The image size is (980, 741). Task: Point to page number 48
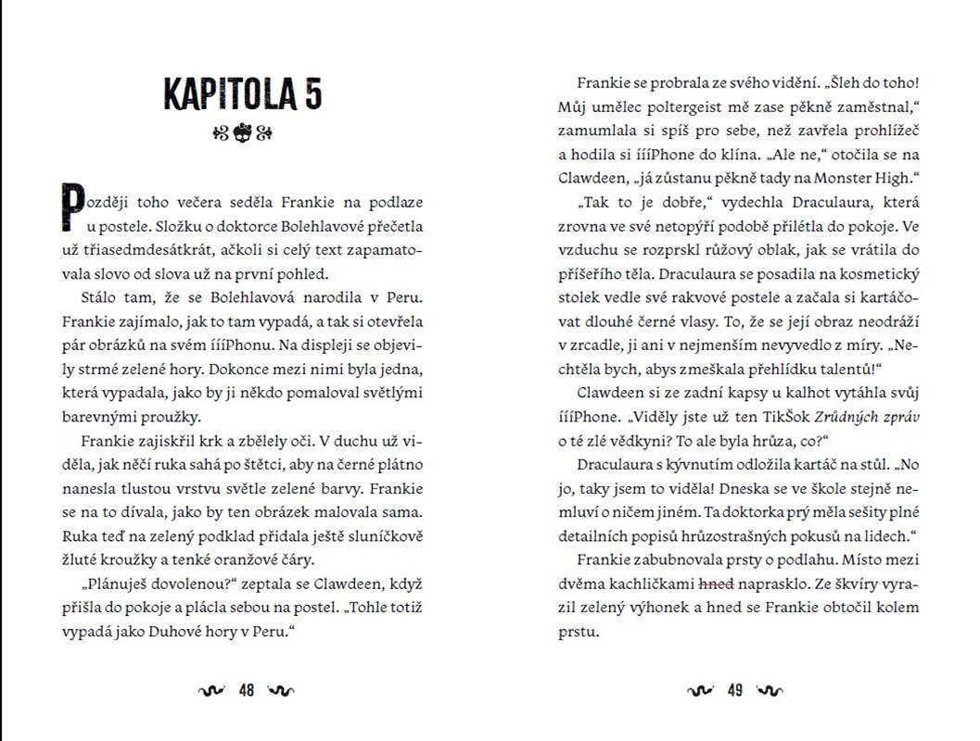click(x=247, y=690)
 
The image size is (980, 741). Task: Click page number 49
click(x=735, y=690)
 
